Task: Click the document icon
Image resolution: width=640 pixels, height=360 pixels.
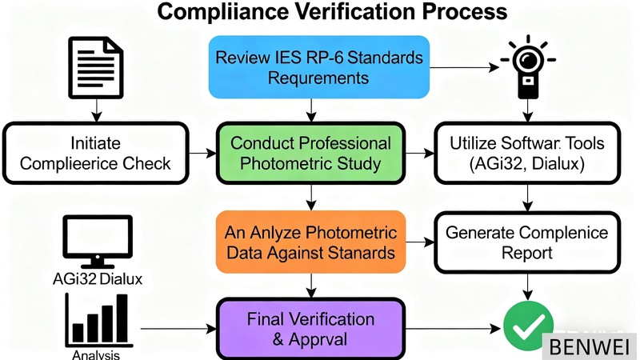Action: click(96, 69)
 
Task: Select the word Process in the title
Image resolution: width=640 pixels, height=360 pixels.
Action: click(472, 13)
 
